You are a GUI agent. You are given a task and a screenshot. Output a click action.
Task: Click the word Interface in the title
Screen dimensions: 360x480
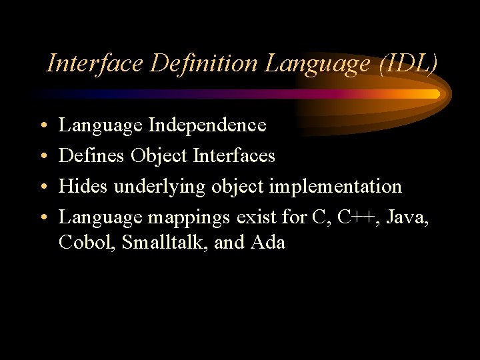point(96,63)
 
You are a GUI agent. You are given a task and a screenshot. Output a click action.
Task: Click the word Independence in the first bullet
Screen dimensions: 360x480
point(207,125)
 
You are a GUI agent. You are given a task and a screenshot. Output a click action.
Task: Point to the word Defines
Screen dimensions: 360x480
point(92,155)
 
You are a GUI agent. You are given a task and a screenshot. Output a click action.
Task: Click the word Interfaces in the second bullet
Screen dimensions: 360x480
point(234,155)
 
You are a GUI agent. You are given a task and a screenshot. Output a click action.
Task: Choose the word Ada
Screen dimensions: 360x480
point(268,242)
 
